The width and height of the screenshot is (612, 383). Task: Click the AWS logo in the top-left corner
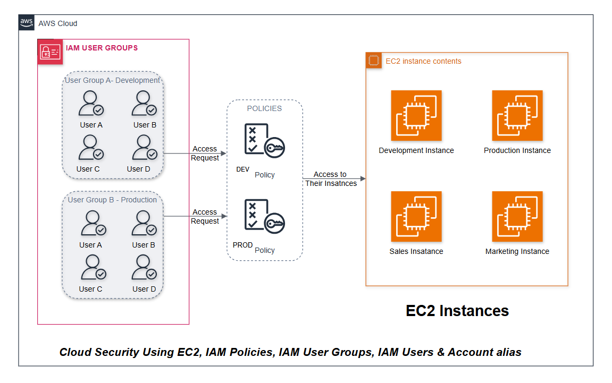click(27, 23)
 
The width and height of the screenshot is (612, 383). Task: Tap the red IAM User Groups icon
click(50, 52)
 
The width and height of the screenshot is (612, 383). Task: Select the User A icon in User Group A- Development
click(91, 103)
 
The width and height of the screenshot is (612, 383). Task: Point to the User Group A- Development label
click(112, 81)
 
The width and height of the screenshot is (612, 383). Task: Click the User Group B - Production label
click(112, 200)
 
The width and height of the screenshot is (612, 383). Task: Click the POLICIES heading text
click(264, 108)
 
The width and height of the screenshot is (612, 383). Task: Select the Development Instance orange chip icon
click(416, 116)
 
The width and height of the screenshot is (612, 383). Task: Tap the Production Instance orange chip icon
click(517, 116)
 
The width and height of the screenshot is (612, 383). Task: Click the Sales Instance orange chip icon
click(416, 217)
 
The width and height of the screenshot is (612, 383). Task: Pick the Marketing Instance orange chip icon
click(517, 217)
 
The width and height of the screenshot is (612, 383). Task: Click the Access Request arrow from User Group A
click(195, 154)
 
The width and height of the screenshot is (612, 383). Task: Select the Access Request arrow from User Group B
click(195, 216)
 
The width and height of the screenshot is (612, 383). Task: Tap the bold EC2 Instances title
click(457, 311)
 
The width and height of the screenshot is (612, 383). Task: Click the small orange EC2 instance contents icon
click(374, 61)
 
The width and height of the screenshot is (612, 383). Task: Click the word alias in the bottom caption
click(507, 352)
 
